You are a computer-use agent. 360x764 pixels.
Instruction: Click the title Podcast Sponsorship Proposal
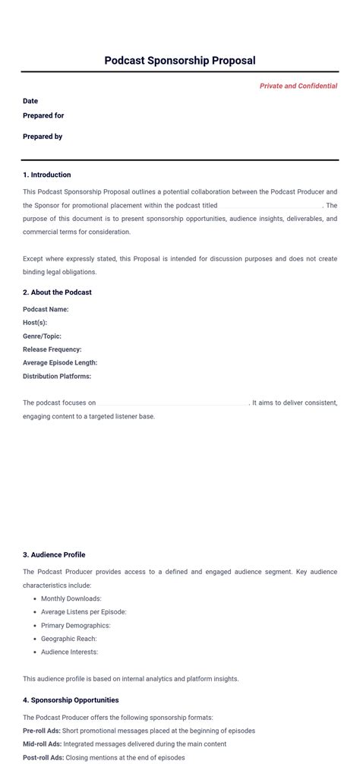[180, 61]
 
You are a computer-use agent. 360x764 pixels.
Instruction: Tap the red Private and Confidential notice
[298, 86]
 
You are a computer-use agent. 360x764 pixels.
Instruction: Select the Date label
[30, 101]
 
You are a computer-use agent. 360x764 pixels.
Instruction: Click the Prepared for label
[43, 115]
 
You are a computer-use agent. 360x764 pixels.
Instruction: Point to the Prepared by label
[43, 137]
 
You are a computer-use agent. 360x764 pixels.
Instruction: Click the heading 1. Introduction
[47, 175]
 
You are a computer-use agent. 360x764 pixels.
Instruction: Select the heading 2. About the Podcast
[57, 292]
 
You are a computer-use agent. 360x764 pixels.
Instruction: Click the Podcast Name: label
[46, 309]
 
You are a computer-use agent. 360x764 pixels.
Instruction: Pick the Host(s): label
[35, 323]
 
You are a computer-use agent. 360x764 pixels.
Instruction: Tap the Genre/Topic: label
[42, 336]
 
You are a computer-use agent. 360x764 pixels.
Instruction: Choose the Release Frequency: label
[52, 349]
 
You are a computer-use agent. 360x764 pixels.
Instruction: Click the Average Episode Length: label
[60, 363]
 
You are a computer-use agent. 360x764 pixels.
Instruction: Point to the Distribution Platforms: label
[57, 376]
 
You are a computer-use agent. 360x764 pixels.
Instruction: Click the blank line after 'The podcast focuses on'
[173, 403]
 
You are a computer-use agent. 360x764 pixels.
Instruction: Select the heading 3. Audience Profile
[54, 554]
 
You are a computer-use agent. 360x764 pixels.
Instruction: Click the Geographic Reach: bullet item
[69, 639]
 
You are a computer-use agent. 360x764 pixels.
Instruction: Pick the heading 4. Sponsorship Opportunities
[71, 700]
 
